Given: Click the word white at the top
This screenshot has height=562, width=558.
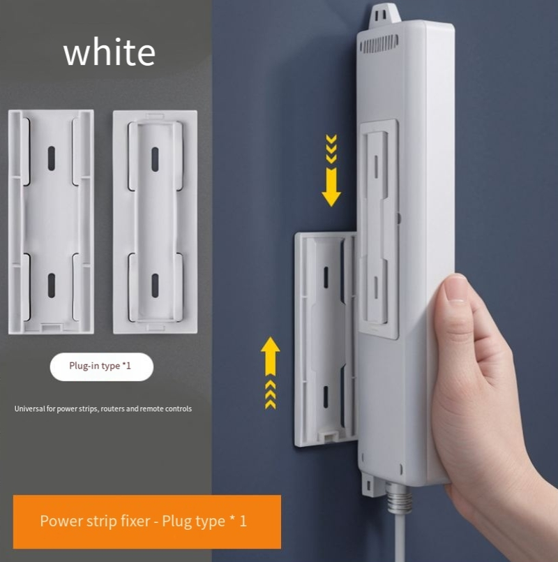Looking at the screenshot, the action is click(110, 52).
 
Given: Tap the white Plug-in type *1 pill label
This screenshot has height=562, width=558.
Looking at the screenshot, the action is click(102, 367).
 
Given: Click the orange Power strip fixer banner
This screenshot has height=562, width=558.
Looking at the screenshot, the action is click(147, 522).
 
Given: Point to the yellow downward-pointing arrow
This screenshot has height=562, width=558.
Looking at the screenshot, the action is click(331, 170).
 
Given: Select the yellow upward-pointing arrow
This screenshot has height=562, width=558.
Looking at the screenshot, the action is click(271, 373).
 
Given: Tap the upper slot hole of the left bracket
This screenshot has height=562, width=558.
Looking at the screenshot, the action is click(52, 158).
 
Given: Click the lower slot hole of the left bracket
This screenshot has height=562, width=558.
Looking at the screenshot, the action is click(52, 286).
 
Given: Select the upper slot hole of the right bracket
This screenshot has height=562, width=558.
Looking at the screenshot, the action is click(155, 159).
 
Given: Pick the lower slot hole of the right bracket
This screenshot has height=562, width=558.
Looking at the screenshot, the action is click(155, 286).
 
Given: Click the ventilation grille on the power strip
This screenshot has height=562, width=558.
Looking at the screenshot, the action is click(379, 44).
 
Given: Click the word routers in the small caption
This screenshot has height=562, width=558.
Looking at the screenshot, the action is click(112, 409).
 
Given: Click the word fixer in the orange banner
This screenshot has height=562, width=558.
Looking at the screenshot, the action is click(136, 521).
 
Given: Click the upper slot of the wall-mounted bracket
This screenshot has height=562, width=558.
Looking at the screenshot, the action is click(326, 277).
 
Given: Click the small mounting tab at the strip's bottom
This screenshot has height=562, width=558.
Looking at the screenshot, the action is click(369, 484).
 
